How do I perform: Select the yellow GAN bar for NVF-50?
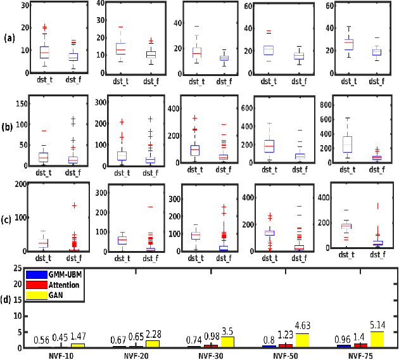[303, 340]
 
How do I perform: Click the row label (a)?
[9, 38]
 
